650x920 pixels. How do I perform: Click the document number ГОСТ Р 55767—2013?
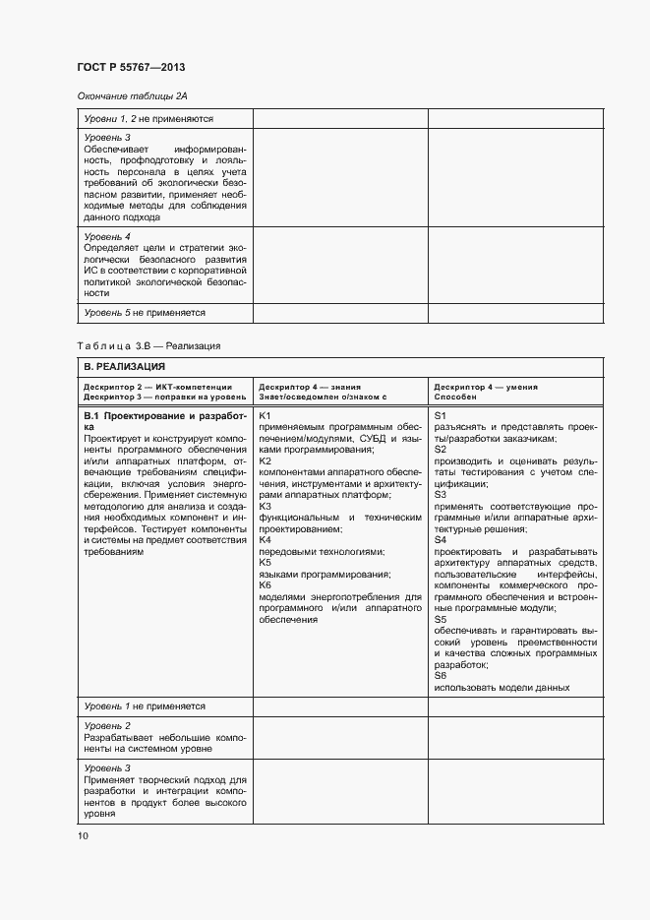pyautogui.click(x=131, y=67)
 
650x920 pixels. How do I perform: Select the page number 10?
pyautogui.click(x=83, y=835)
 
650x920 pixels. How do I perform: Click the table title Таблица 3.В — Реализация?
pyautogui.click(x=148, y=345)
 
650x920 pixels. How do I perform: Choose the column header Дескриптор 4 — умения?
pyautogui.click(x=486, y=387)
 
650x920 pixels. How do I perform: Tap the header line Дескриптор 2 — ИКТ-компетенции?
pyautogui.click(x=157, y=387)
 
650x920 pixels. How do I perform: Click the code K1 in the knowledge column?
pyautogui.click(x=266, y=416)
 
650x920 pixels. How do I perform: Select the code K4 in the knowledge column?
pyautogui.click(x=266, y=540)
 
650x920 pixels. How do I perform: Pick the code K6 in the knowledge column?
pyautogui.click(x=266, y=585)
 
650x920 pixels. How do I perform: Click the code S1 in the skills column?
pyautogui.click(x=440, y=416)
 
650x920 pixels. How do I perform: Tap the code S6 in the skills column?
pyautogui.click(x=440, y=676)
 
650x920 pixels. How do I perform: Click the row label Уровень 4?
pyautogui.click(x=107, y=237)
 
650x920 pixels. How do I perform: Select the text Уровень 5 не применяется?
pyautogui.click(x=144, y=312)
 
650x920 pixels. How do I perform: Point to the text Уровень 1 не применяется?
pyautogui.click(x=144, y=705)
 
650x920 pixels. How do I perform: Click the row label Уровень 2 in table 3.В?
pyautogui.click(x=107, y=725)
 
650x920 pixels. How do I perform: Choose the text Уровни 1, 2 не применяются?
pyautogui.click(x=148, y=118)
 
